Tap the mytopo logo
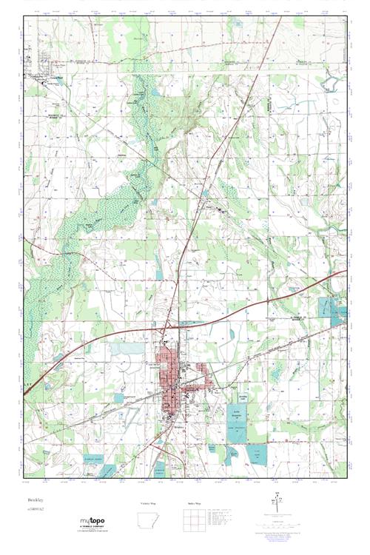tap(92, 523)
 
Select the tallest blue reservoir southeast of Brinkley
tap(236, 425)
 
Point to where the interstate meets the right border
tap(345, 272)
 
